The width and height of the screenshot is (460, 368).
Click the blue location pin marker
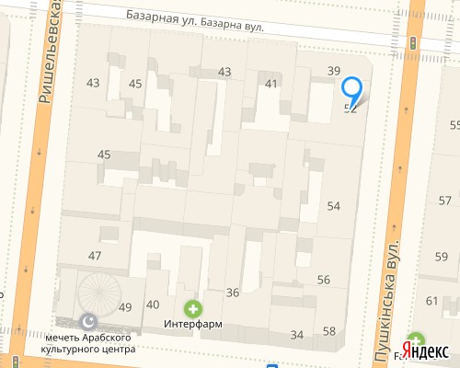pyautogui.click(x=352, y=89)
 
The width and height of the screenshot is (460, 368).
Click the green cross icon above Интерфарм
pyautogui.click(x=192, y=308)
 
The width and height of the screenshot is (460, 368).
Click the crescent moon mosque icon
pyautogui.click(x=88, y=321)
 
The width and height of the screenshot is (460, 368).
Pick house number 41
pyautogui.click(x=270, y=84)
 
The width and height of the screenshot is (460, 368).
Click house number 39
pyautogui.click(x=334, y=72)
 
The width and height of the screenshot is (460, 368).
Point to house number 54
pyautogui.click(x=333, y=206)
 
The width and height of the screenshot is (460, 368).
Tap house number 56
pyautogui.click(x=324, y=280)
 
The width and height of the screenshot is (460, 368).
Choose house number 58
pyautogui.click(x=328, y=331)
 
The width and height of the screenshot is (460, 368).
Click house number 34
pyautogui.click(x=295, y=335)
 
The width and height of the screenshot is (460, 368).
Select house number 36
pyautogui.click(x=233, y=293)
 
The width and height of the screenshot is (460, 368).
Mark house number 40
pyautogui.click(x=152, y=305)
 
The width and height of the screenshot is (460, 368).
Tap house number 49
pyautogui.click(x=126, y=307)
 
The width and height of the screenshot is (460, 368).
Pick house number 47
pyautogui.click(x=95, y=255)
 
